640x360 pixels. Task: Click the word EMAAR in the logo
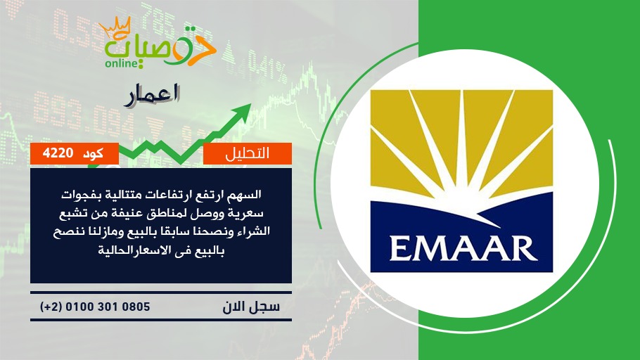coord(463,247)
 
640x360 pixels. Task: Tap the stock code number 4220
coord(58,153)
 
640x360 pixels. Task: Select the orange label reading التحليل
coord(248,153)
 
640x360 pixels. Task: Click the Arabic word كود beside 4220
coord(94,153)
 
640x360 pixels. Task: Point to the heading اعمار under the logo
coord(152,96)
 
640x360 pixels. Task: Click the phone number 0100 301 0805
coord(108,307)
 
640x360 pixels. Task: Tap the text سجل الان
coord(251,307)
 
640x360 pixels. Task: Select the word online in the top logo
coord(120,64)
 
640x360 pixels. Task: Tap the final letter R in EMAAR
coord(524,247)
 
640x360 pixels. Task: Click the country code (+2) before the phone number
coord(51,307)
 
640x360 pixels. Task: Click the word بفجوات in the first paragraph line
coord(77,195)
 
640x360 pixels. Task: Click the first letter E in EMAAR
coord(399,247)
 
